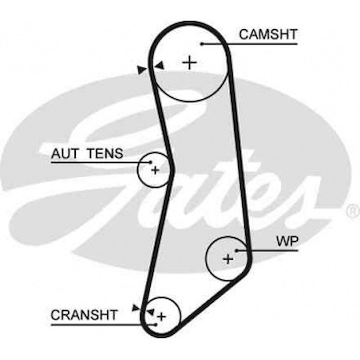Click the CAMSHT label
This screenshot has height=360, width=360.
click(x=268, y=34)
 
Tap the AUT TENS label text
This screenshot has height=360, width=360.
click(x=87, y=153)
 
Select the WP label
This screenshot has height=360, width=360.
click(x=287, y=242)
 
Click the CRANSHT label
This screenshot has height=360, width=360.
click(x=84, y=315)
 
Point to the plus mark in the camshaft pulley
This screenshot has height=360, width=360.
click(x=190, y=63)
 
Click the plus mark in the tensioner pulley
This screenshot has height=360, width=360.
click(x=155, y=170)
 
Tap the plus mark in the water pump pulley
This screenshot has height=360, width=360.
click(x=228, y=259)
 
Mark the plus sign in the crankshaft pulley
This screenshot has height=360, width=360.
click(x=161, y=317)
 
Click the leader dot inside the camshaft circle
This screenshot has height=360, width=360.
click(x=202, y=44)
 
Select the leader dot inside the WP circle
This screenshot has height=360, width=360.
click(x=236, y=250)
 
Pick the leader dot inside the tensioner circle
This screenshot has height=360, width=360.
click(x=150, y=162)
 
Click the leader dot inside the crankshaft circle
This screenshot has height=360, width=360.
click(x=156, y=324)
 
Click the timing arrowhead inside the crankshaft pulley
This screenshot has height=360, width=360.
click(x=150, y=312)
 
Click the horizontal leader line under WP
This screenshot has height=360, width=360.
click(x=268, y=250)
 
